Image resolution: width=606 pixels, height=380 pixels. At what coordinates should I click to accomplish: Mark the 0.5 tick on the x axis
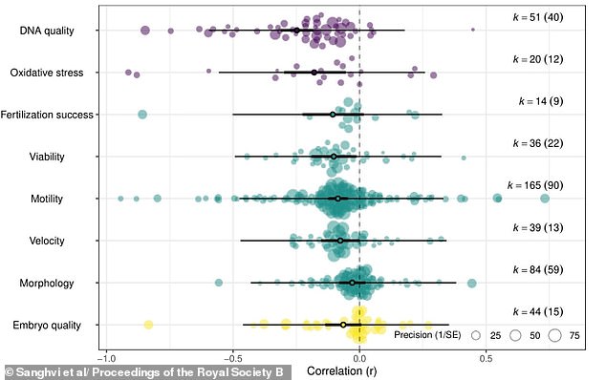point(486,359)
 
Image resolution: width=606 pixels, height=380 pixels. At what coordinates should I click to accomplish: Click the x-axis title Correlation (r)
point(344,370)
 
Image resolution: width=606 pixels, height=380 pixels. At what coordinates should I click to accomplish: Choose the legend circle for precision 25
point(478,335)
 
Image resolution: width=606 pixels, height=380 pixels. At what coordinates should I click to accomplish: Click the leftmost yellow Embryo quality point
point(148,325)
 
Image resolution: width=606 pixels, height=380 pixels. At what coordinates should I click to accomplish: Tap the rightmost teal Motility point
point(545,198)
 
